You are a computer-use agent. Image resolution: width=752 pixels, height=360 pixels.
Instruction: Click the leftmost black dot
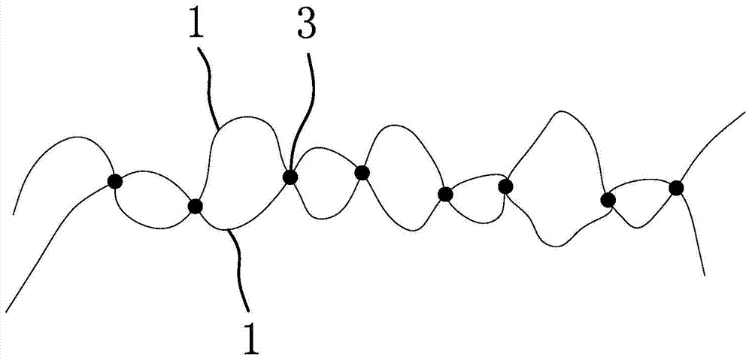(x=114, y=181)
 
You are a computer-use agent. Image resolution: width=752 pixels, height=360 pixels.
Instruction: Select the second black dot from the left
(x=196, y=206)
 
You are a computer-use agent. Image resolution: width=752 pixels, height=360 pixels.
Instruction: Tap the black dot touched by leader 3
(x=290, y=177)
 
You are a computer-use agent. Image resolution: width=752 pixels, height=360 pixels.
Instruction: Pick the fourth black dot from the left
(x=362, y=173)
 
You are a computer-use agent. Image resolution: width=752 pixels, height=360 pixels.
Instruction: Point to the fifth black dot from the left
(x=445, y=195)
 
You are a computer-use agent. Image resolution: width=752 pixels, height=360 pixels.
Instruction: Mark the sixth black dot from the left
(x=505, y=185)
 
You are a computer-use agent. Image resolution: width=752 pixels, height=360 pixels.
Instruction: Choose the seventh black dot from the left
(x=608, y=200)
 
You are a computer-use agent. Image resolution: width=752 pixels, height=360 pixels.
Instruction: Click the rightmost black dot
(x=676, y=188)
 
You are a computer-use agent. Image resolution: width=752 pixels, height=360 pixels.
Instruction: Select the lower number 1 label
(x=250, y=336)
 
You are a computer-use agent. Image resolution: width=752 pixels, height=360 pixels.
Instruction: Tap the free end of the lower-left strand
(x=5, y=310)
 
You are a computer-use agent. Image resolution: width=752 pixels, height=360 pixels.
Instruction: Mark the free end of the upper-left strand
(x=14, y=213)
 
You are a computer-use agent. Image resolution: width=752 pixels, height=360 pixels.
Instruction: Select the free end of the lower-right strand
(x=704, y=274)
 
